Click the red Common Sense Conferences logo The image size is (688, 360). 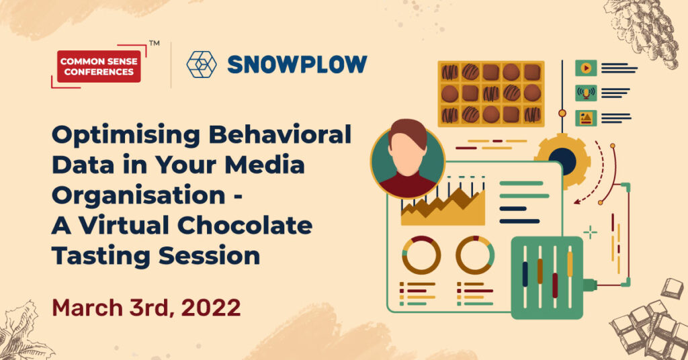pos(99,66)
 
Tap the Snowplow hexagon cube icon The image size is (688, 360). pos(202,64)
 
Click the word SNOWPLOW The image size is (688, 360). pos(297,64)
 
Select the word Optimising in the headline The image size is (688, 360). pos(126,136)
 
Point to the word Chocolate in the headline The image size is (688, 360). pos(245,226)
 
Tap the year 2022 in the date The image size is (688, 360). pos(210,308)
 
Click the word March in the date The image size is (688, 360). pos(87,308)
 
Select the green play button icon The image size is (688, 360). pos(586,68)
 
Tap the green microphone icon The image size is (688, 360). pos(586,93)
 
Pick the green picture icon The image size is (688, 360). pos(586,118)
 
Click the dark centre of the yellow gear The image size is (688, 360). pos(562,161)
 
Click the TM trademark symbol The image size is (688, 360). pos(154,44)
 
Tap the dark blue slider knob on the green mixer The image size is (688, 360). pos(525,275)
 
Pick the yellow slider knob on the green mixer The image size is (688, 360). pos(570,264)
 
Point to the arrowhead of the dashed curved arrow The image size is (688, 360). pos(577,201)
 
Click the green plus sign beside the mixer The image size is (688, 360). pos(590,232)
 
